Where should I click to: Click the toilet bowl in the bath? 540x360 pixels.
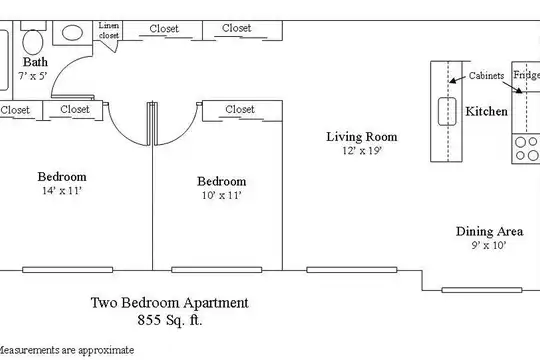click(x=33, y=42)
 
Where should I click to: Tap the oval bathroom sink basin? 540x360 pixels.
click(x=72, y=33)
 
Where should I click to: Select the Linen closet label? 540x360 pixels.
click(x=109, y=30)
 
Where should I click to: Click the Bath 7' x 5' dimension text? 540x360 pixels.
click(x=33, y=75)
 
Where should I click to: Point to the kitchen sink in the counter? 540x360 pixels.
click(x=447, y=111)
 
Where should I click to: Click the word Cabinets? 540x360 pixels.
click(x=486, y=75)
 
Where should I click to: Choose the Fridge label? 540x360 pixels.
click(x=527, y=75)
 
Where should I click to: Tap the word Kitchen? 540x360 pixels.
click(x=486, y=111)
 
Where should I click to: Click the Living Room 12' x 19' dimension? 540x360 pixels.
click(x=362, y=151)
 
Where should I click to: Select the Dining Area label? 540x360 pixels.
click(x=489, y=231)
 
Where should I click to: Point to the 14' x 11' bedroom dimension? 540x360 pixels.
click(x=62, y=191)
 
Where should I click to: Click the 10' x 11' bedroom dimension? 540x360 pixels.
click(x=221, y=195)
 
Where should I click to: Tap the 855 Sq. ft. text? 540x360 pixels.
click(x=169, y=320)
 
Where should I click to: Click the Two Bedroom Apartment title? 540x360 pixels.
click(x=169, y=303)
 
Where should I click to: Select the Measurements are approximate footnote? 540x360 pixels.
click(x=65, y=350)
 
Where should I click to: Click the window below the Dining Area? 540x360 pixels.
click(x=482, y=290)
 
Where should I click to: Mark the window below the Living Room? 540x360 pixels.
click(x=352, y=270)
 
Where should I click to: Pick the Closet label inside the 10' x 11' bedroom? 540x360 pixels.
click(x=240, y=109)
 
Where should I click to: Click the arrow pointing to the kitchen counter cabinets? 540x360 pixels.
click(x=457, y=80)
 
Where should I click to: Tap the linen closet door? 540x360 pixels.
click(x=110, y=46)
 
